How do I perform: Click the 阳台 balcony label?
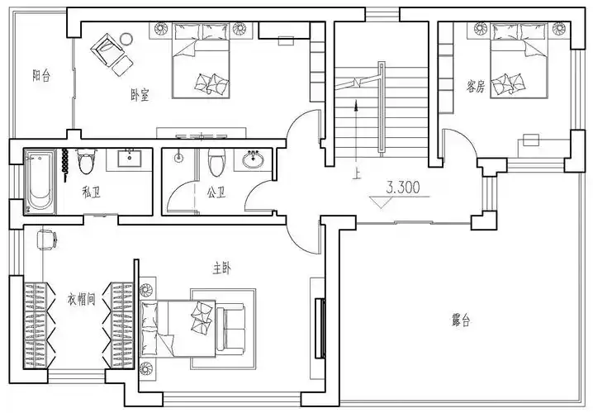pyautogui.click(x=41, y=76)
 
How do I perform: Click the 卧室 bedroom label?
pyautogui.click(x=140, y=95)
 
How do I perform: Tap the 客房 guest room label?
pyautogui.click(x=475, y=85)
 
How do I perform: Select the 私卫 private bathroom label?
pyautogui.click(x=91, y=193)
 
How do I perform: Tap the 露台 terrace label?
pyautogui.click(x=462, y=319)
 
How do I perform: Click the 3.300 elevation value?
pyautogui.click(x=402, y=188)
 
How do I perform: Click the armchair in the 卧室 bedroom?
pyautogui.click(x=106, y=49)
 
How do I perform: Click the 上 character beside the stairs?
pyautogui.click(x=356, y=174)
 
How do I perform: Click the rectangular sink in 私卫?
pyautogui.click(x=130, y=158)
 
